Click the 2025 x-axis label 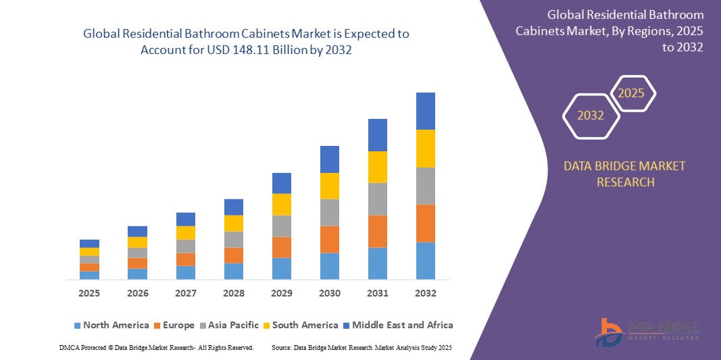[89, 293]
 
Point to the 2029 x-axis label [281, 293]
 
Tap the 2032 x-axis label [425, 293]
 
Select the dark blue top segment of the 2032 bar [425, 111]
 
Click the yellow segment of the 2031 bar [377, 167]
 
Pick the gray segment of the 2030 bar [329, 212]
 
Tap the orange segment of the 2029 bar [281, 247]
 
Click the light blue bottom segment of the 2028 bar [233, 271]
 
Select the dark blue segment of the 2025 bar [89, 243]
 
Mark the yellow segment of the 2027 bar [185, 232]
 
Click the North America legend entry [111, 325]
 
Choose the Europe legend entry [174, 325]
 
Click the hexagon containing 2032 [591, 115]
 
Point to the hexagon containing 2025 [632, 93]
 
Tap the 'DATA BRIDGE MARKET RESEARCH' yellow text [624, 174]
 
